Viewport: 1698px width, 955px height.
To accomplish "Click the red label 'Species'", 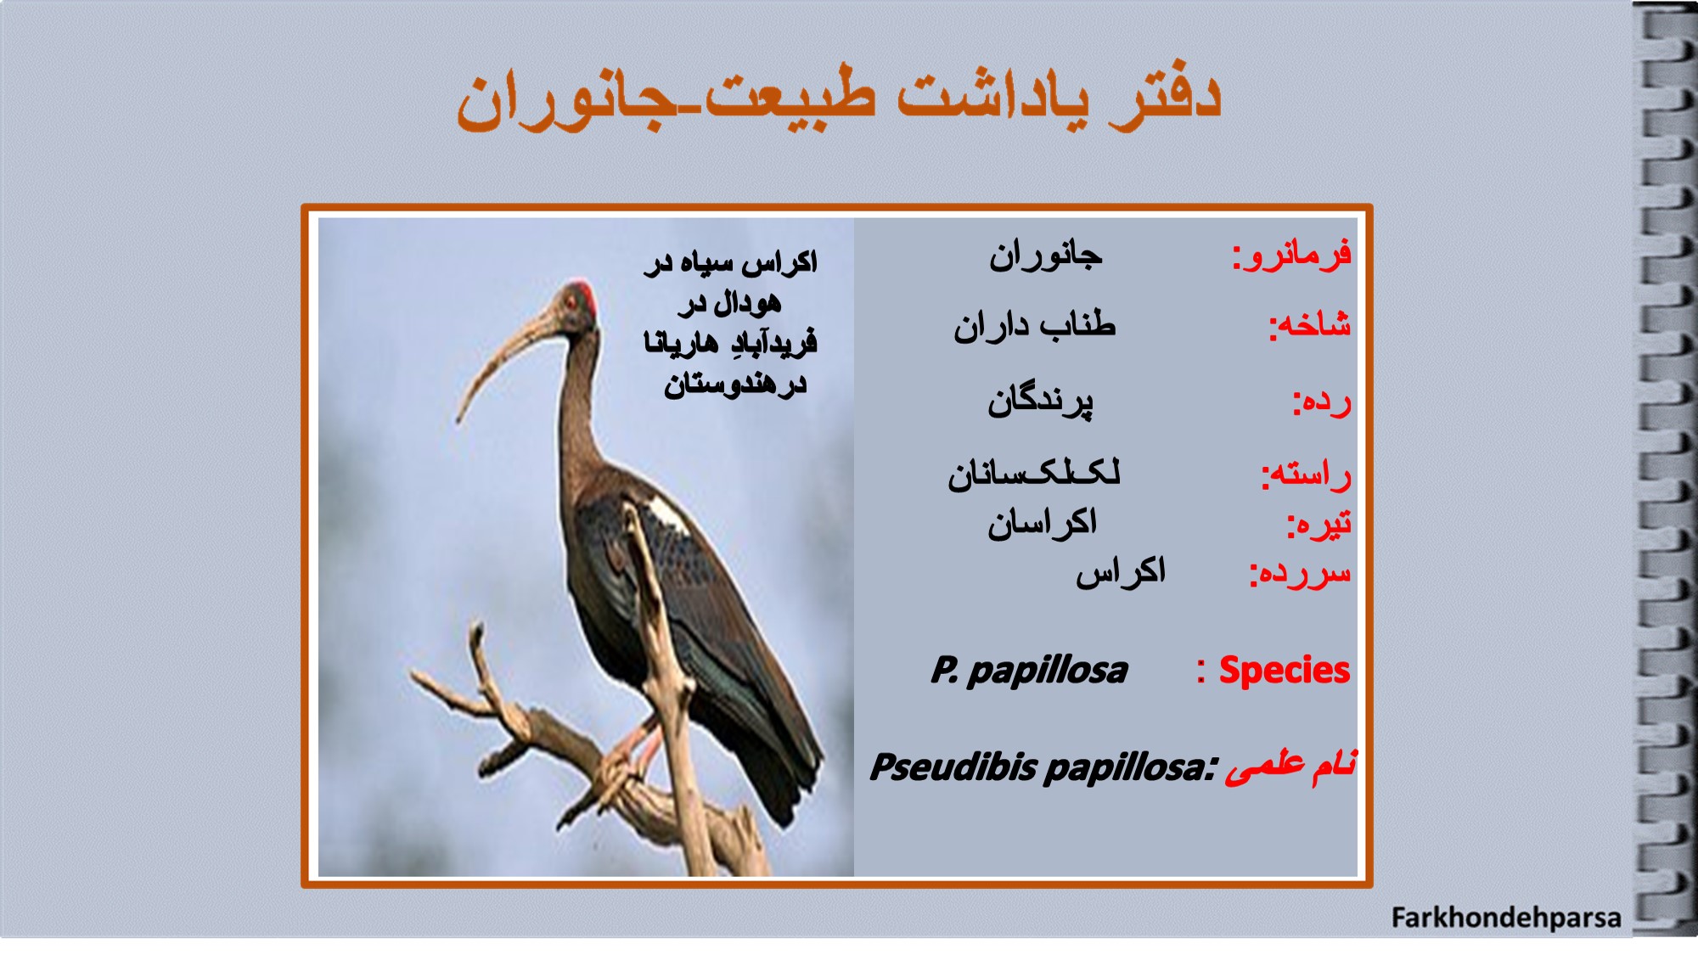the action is click(x=1284, y=671).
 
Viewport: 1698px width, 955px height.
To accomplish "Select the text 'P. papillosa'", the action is click(x=1029, y=671).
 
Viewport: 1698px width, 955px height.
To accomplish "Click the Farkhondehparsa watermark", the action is click(x=1506, y=918).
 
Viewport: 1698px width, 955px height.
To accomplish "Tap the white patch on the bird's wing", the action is click(x=669, y=513).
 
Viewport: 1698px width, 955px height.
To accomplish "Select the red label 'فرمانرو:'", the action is click(x=1291, y=255).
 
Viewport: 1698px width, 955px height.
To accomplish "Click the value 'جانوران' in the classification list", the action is click(x=1045, y=255).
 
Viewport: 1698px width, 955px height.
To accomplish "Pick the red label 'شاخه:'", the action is click(x=1310, y=325).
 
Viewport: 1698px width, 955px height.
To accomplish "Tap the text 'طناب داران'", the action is click(x=1034, y=325).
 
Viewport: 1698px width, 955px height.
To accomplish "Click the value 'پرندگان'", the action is click(x=1040, y=401).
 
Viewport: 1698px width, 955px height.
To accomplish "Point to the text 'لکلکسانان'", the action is click(x=1034, y=472).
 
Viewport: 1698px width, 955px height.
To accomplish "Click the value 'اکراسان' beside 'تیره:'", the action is click(x=1042, y=523).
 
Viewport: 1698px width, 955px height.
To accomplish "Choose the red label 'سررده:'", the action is click(x=1300, y=574).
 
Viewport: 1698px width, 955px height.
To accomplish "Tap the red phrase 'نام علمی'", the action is click(x=1290, y=766).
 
